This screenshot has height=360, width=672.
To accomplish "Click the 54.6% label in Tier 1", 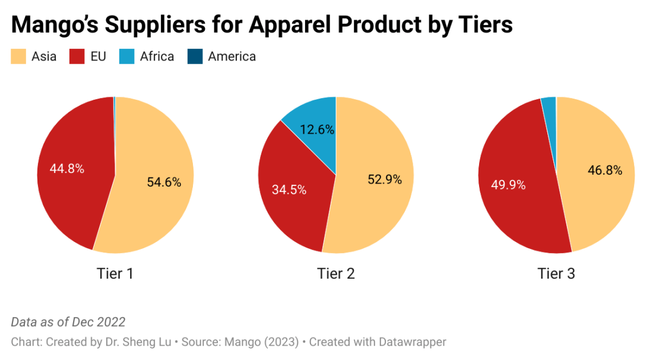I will (x=164, y=182).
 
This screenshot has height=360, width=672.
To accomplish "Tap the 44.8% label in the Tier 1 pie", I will (x=66, y=169).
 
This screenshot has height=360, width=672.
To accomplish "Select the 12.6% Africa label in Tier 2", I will (x=317, y=130).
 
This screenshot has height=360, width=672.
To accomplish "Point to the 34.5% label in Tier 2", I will (x=289, y=190).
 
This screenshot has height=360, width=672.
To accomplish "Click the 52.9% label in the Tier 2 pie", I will (x=385, y=179).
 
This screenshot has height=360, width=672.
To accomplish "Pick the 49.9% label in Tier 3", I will (x=508, y=185).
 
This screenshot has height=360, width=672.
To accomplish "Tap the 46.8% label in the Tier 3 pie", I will (x=605, y=170).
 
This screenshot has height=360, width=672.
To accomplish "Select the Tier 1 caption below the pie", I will (x=115, y=273).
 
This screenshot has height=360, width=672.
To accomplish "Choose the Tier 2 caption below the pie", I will (x=336, y=273).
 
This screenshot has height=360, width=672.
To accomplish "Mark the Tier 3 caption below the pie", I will (x=556, y=273).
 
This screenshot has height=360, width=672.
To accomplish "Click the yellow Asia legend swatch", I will (x=18, y=57).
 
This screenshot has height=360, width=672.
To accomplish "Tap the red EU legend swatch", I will (x=77, y=57).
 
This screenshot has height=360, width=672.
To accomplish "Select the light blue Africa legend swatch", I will (x=127, y=57).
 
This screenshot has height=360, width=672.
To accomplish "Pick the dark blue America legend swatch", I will (x=195, y=57).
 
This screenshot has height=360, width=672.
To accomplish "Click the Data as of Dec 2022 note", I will (x=68, y=322).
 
